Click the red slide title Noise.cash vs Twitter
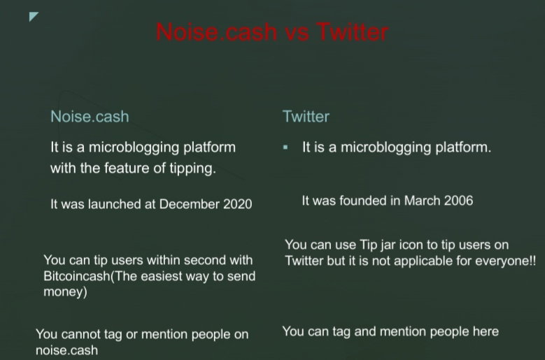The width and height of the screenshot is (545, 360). tap(272, 32)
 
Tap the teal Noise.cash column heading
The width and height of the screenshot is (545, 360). tap(90, 116)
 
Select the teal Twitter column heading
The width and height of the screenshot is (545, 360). tap(306, 116)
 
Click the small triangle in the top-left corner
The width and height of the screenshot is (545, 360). tap(34, 16)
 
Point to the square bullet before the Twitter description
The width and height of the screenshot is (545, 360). tap(285, 147)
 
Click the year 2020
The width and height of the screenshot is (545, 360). tap(237, 204)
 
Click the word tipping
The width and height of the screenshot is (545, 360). tap(193, 168)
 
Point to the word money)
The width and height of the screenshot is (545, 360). tap(65, 291)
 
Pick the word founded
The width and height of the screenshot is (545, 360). tap(363, 201)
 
